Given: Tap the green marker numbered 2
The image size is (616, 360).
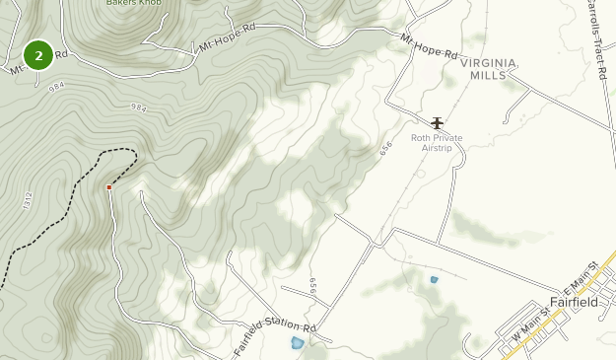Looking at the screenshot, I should [38, 56].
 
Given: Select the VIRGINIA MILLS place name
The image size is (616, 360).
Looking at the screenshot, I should [487, 68].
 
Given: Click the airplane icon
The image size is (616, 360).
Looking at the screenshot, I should [438, 122].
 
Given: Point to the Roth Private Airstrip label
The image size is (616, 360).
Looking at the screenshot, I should [437, 143].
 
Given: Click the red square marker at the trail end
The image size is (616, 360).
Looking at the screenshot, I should [108, 186].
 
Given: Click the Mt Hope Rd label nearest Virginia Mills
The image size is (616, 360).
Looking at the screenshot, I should [430, 45].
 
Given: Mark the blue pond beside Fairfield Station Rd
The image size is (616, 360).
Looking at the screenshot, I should [297, 343].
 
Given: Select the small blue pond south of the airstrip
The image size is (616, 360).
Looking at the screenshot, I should [434, 280].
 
